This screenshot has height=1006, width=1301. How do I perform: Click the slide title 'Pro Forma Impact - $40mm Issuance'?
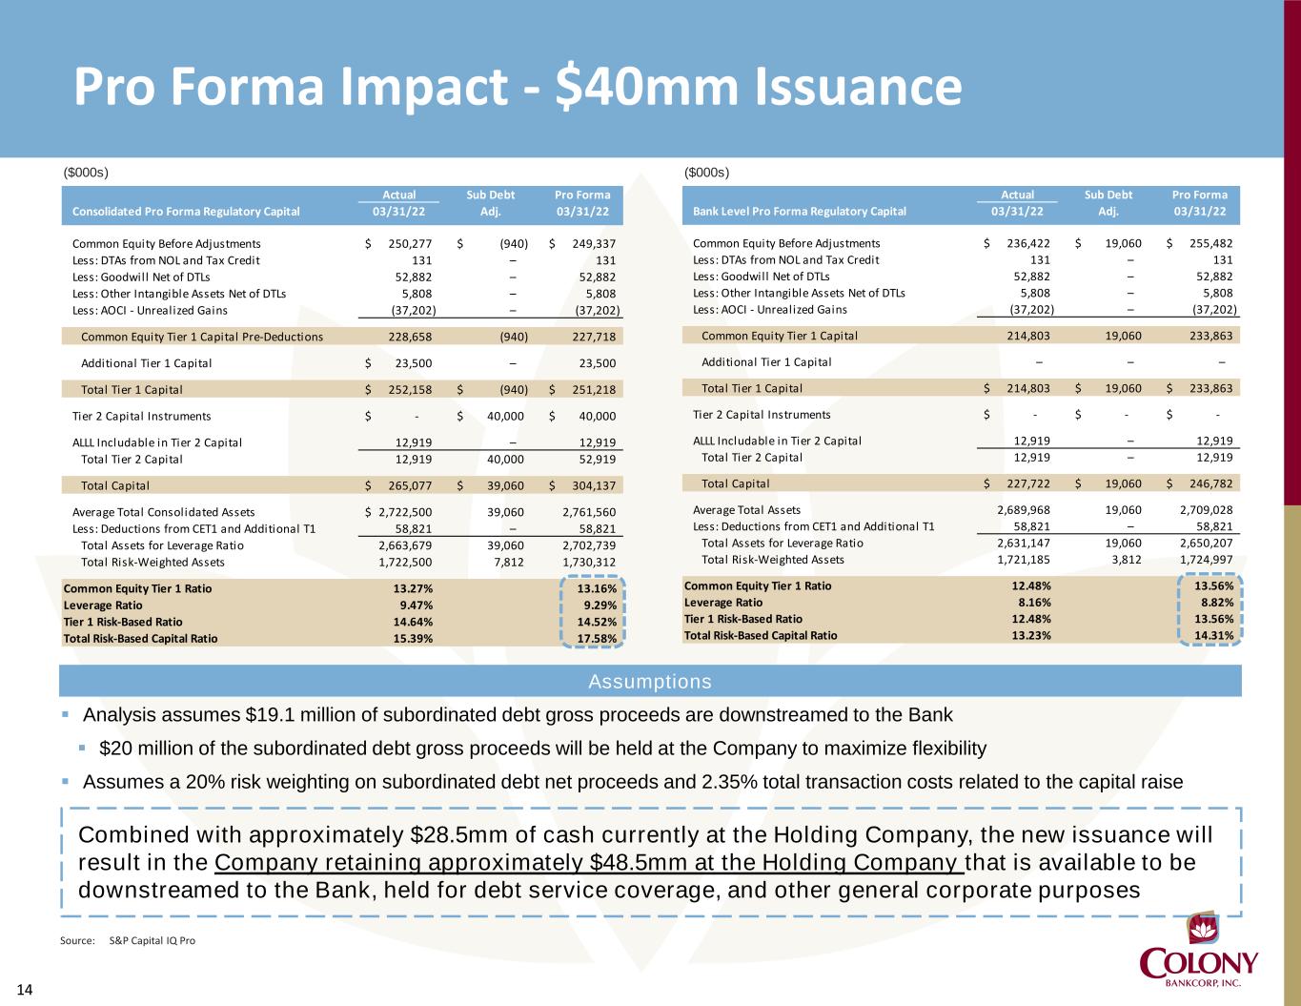(518, 87)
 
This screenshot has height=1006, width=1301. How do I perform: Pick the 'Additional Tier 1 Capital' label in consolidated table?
(147, 363)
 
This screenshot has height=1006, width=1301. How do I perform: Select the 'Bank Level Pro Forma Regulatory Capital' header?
(800, 212)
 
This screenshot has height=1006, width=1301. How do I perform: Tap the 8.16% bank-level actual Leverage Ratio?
(1031, 603)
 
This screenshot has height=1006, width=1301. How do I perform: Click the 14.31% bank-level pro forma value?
(1214, 635)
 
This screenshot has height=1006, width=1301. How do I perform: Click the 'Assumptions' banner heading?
(650, 682)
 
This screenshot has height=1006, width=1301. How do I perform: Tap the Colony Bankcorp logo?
(1200, 953)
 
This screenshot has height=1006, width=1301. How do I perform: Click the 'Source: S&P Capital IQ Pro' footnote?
(128, 940)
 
